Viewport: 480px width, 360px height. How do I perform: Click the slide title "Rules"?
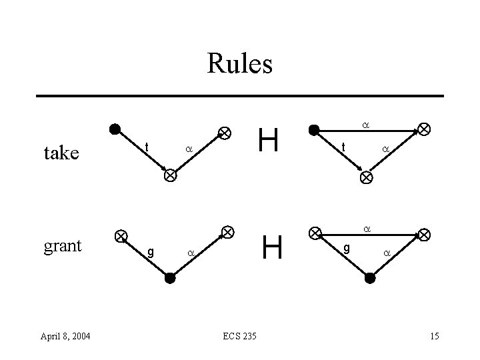(x=239, y=64)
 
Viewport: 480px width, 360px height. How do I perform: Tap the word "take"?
(x=61, y=153)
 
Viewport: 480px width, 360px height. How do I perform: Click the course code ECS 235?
(x=239, y=335)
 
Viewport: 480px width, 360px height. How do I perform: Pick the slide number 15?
(x=434, y=335)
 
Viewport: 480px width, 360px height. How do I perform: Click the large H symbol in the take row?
(x=268, y=141)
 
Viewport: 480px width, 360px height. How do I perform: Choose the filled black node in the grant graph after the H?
(x=370, y=278)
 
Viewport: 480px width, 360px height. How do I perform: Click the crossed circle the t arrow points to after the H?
(x=366, y=177)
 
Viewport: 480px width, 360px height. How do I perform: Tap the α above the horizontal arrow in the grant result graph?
(x=365, y=229)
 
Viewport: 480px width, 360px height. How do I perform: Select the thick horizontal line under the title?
(x=239, y=96)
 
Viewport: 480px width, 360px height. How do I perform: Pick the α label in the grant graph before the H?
(x=190, y=253)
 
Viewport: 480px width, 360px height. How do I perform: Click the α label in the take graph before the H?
(x=188, y=150)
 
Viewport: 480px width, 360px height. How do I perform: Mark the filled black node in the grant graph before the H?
(x=170, y=278)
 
